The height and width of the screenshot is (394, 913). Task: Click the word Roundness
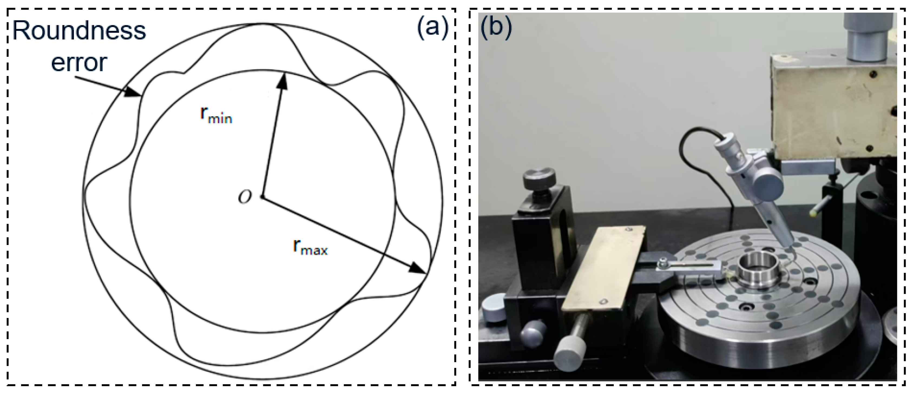[79, 31]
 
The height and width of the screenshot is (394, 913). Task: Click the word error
[79, 63]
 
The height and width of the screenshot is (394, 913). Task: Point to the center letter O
[245, 197]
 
